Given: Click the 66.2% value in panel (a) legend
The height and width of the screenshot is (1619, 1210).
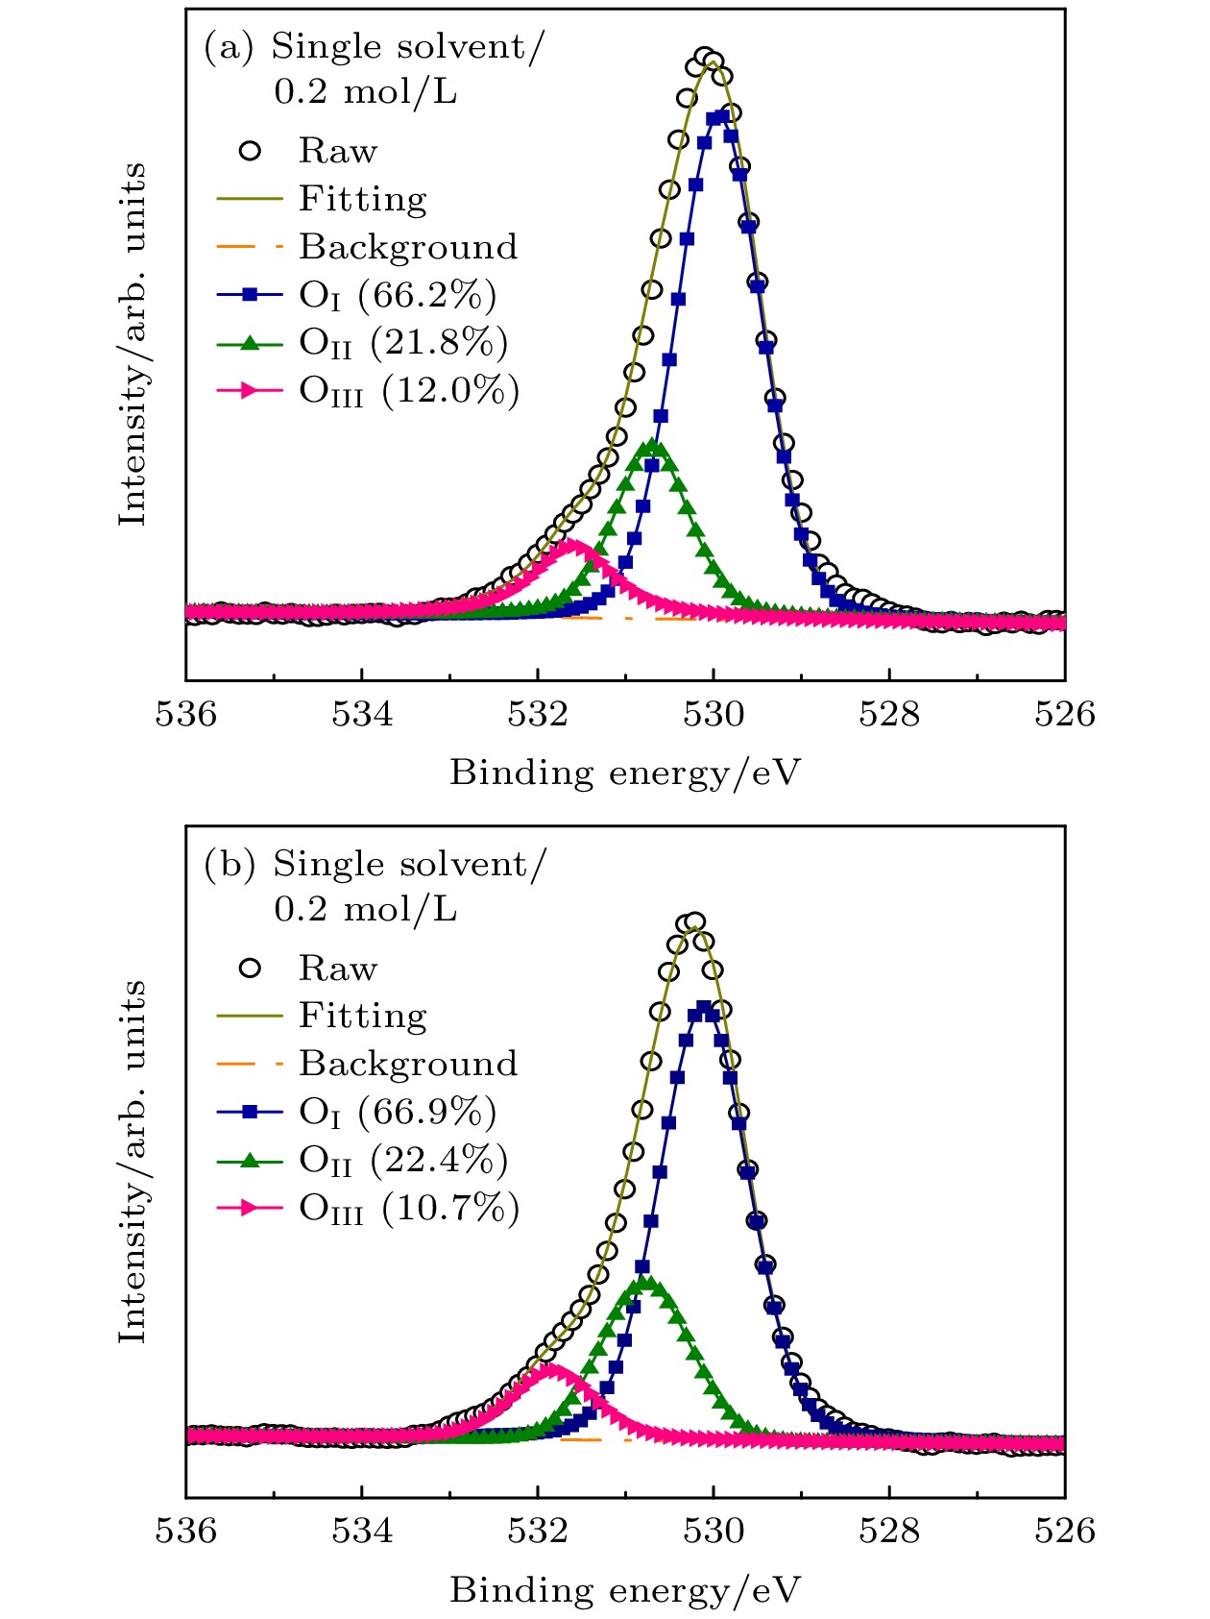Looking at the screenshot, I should tap(426, 295).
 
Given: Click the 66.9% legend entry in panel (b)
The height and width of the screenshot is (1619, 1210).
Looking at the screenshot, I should tap(426, 1112).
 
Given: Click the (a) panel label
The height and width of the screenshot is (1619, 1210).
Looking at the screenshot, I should tap(228, 46).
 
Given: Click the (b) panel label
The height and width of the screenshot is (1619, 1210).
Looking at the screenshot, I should tap(229, 864).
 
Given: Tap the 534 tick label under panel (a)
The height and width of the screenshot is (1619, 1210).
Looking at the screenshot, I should tap(362, 715).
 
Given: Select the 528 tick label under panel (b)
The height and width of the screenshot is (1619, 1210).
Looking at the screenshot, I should tap(889, 1531).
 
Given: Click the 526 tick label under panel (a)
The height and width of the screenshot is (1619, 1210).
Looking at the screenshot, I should tap(1064, 715).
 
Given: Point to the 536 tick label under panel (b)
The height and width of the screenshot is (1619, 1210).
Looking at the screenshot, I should tap(186, 1531).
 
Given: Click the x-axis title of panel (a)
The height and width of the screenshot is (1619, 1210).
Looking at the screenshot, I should tap(624, 773).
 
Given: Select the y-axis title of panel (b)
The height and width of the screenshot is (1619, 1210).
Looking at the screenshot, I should tap(133, 1161).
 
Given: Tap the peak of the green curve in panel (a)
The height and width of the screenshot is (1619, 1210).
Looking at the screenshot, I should tap(653, 445).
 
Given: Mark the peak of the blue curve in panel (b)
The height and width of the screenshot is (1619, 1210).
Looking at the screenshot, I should tap(705, 1008).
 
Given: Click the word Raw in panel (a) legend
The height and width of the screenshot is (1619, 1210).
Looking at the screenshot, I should tap(337, 151).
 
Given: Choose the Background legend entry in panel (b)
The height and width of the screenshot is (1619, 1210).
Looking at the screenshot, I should tap(407, 1064).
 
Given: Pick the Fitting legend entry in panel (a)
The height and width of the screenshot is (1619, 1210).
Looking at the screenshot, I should tap(362, 199).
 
